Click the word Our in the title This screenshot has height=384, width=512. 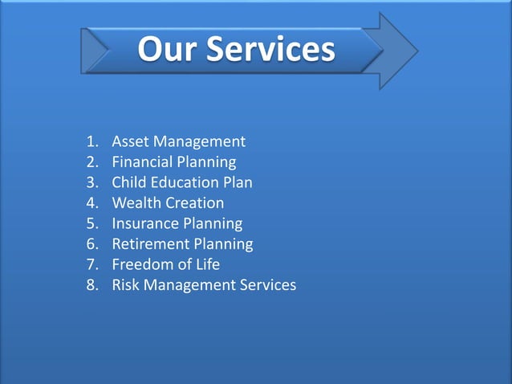[168, 49]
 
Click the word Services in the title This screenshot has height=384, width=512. [270, 49]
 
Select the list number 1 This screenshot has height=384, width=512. [91, 142]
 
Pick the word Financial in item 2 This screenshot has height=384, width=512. [143, 162]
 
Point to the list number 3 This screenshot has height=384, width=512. [91, 182]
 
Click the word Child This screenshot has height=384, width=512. [128, 182]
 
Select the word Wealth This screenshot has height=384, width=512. [136, 203]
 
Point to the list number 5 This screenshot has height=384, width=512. [91, 223]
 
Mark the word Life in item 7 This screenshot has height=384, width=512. [207, 264]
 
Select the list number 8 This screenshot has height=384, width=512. [91, 284]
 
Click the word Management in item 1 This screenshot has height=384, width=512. [198, 142]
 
